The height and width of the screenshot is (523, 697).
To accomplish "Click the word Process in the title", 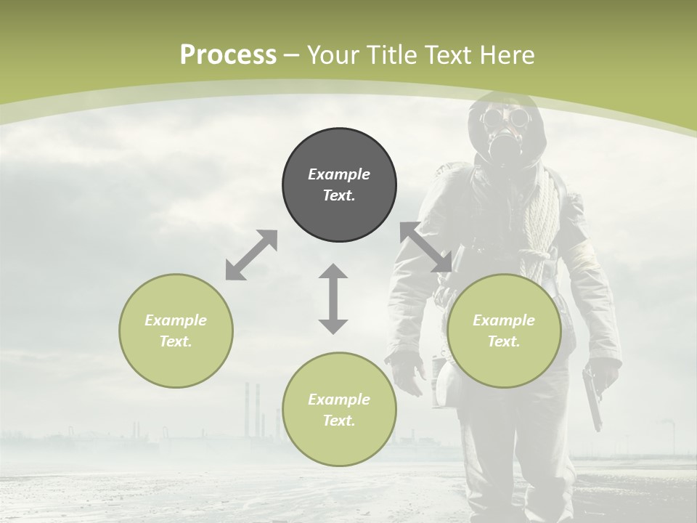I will click(x=228, y=55).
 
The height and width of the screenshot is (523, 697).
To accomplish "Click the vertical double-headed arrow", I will click(x=333, y=299).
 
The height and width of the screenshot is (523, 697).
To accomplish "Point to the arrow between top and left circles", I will click(x=251, y=255).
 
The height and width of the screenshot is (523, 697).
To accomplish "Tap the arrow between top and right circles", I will click(x=426, y=248).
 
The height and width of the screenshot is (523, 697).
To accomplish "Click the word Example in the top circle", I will click(x=339, y=174).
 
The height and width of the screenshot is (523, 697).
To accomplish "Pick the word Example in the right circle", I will click(x=504, y=320).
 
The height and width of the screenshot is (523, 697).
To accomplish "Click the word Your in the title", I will click(x=333, y=55).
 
